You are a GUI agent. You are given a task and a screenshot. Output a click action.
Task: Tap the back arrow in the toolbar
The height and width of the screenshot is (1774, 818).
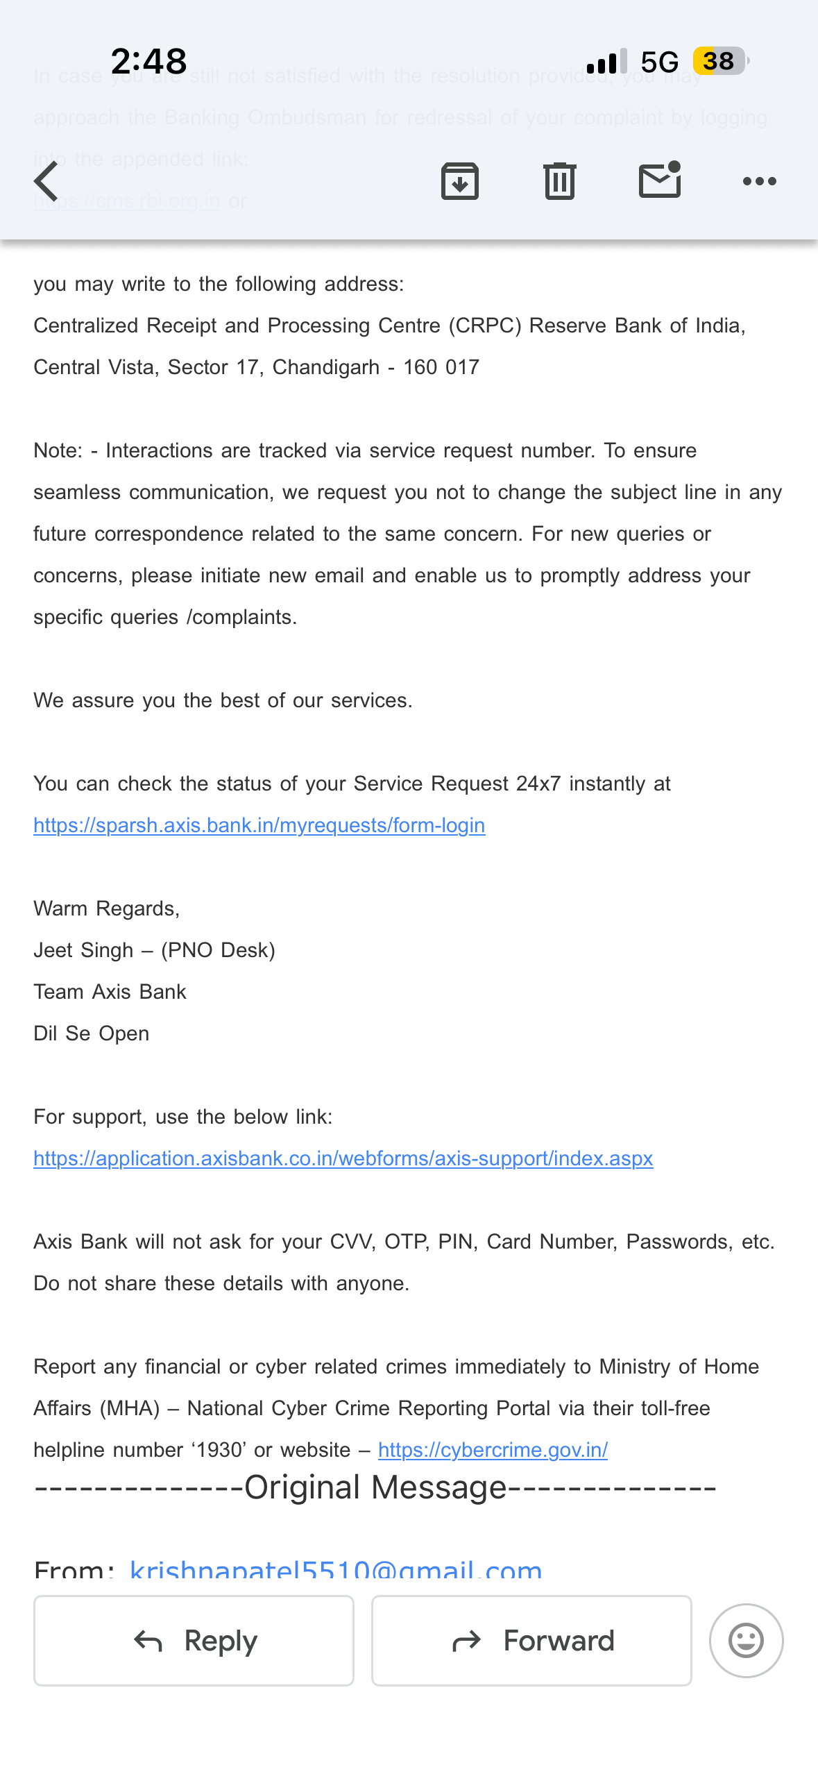(46, 181)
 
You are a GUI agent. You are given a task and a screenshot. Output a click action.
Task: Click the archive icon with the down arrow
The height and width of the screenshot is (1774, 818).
(460, 181)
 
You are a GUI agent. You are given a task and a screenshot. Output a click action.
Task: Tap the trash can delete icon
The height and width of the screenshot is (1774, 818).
(560, 181)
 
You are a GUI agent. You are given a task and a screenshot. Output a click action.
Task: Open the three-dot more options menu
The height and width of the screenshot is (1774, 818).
(759, 181)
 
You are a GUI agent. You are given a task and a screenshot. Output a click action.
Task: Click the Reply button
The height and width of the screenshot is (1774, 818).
(194, 1641)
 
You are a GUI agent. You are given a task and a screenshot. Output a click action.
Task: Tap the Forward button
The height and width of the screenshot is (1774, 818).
(531, 1641)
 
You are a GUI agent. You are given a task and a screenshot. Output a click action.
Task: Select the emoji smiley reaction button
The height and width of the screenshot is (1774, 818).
(746, 1641)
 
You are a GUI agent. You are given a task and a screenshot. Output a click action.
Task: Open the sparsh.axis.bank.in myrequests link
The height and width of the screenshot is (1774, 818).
(259, 825)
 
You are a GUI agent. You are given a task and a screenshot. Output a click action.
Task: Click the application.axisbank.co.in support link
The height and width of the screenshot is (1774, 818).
(343, 1158)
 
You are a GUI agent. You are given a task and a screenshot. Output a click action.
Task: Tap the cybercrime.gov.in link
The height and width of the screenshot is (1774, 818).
(493, 1450)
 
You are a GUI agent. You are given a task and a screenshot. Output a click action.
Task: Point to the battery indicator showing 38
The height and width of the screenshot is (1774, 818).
(720, 61)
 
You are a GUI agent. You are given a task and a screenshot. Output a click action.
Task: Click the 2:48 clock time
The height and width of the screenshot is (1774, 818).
(148, 61)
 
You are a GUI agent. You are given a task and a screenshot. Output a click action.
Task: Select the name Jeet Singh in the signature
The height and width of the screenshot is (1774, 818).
(83, 950)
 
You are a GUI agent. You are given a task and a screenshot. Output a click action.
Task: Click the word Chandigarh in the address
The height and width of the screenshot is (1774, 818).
(325, 367)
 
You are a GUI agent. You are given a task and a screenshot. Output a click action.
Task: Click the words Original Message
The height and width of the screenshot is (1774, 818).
(375, 1487)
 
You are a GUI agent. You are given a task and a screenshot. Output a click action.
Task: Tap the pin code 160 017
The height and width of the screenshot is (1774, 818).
(441, 367)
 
